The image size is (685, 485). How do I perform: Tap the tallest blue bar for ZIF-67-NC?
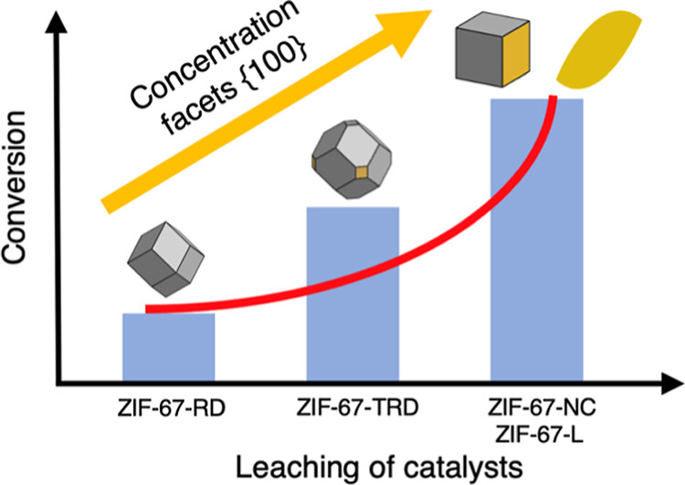point(536,237)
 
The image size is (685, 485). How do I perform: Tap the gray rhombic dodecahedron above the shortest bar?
point(167,261)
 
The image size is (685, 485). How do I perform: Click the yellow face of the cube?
point(508,56)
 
